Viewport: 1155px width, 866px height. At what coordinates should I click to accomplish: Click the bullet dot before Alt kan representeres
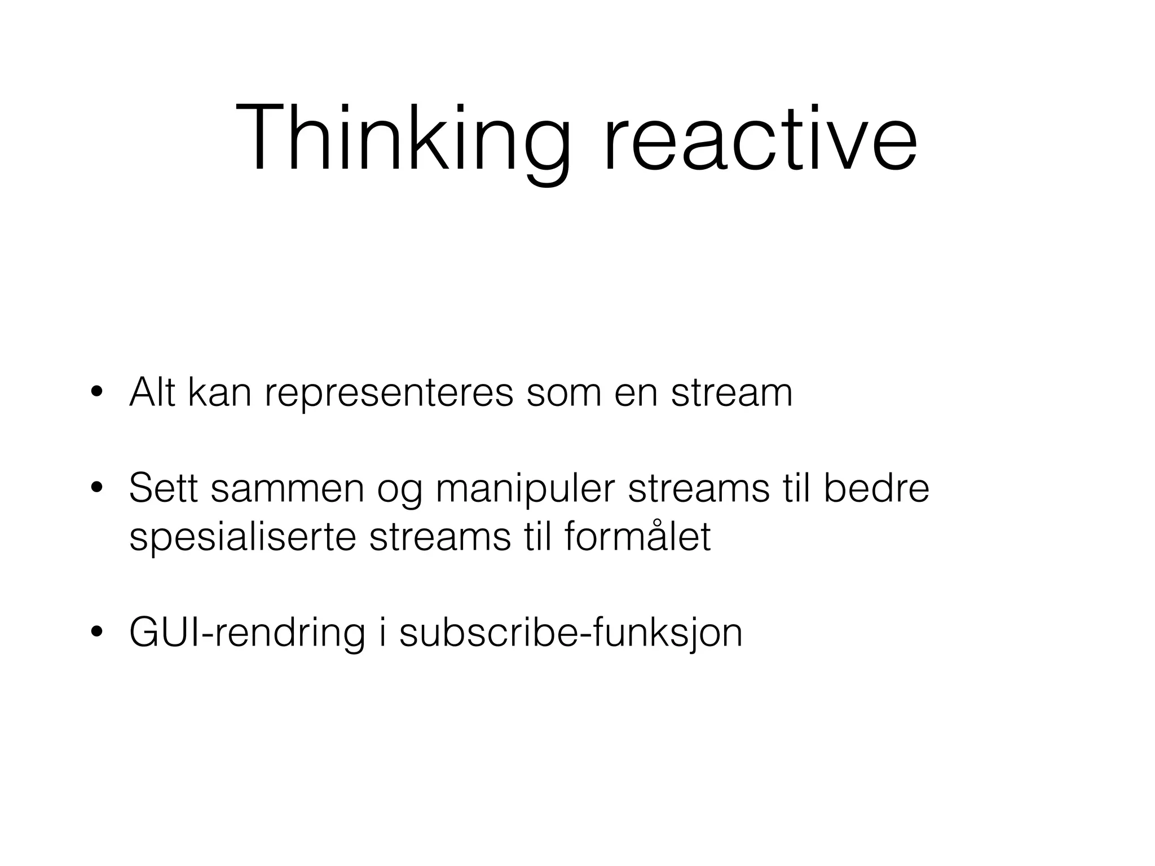coord(96,392)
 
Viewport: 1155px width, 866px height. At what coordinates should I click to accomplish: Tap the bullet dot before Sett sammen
coord(96,488)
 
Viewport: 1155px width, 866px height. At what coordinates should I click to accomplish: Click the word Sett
coord(163,488)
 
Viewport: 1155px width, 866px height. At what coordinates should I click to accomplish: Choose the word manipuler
coord(524,489)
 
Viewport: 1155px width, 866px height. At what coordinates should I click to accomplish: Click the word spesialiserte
coord(243,537)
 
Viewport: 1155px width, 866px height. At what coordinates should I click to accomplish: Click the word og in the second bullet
coord(399,491)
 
